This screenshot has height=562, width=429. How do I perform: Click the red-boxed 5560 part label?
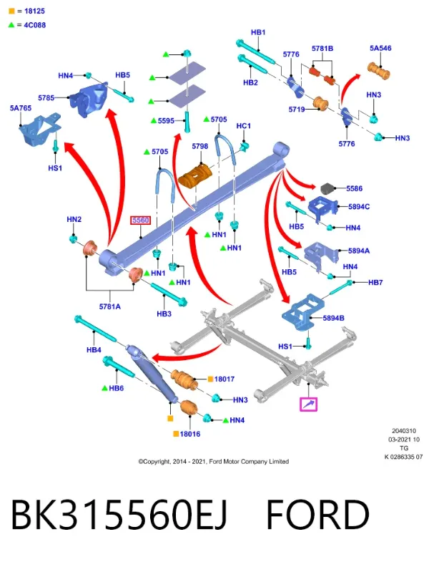(140, 220)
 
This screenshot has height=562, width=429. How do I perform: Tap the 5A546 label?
(380, 48)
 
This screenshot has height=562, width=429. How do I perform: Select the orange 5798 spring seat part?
(195, 175)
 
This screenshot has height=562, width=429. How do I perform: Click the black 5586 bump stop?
(327, 188)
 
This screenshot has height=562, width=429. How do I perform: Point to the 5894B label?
(333, 318)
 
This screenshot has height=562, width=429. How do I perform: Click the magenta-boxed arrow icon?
(308, 404)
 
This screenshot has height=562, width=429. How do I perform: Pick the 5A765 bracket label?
(21, 108)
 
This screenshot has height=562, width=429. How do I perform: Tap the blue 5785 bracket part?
(89, 100)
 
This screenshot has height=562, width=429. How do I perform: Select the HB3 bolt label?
(164, 314)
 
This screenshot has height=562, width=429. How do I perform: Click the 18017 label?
(225, 379)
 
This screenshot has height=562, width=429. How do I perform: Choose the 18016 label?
(189, 434)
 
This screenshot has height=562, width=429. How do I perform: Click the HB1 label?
(258, 32)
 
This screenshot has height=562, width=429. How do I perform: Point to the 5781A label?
(109, 306)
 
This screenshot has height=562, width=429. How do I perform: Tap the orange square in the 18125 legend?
(11, 11)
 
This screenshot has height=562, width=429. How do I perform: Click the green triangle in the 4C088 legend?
(11, 25)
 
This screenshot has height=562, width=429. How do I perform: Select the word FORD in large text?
(317, 515)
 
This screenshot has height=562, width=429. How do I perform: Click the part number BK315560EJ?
(119, 515)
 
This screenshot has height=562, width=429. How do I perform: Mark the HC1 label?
(244, 126)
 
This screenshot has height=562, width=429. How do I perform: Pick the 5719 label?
(297, 109)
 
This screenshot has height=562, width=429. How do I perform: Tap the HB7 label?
(375, 283)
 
